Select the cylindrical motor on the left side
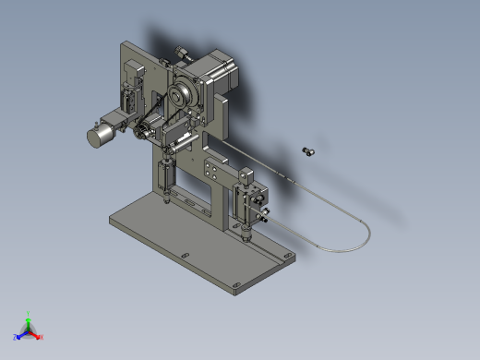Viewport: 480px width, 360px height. pyautogui.click(x=100, y=136)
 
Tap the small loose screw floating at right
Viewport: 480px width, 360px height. pyautogui.click(x=308, y=150)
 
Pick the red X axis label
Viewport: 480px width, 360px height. pyautogui.click(x=42, y=337)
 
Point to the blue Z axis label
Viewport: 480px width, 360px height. pyautogui.click(x=15, y=337)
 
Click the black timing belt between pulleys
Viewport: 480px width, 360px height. pyautogui.click(x=162, y=115)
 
